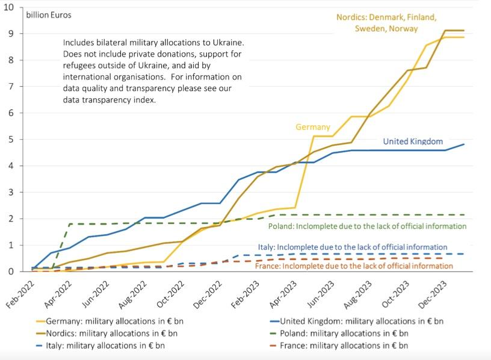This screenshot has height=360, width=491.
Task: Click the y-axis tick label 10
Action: pyautogui.click(x=11, y=7)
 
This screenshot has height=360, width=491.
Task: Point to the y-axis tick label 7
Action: pyautogui.click(x=13, y=87)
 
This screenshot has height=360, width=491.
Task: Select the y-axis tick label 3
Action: pyautogui.click(x=13, y=193)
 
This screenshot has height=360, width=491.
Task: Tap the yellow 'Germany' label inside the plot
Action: pyautogui.click(x=313, y=127)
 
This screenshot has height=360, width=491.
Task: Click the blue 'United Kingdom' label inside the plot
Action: pyautogui.click(x=413, y=142)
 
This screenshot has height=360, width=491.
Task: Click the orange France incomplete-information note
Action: pyautogui.click(x=354, y=266)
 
